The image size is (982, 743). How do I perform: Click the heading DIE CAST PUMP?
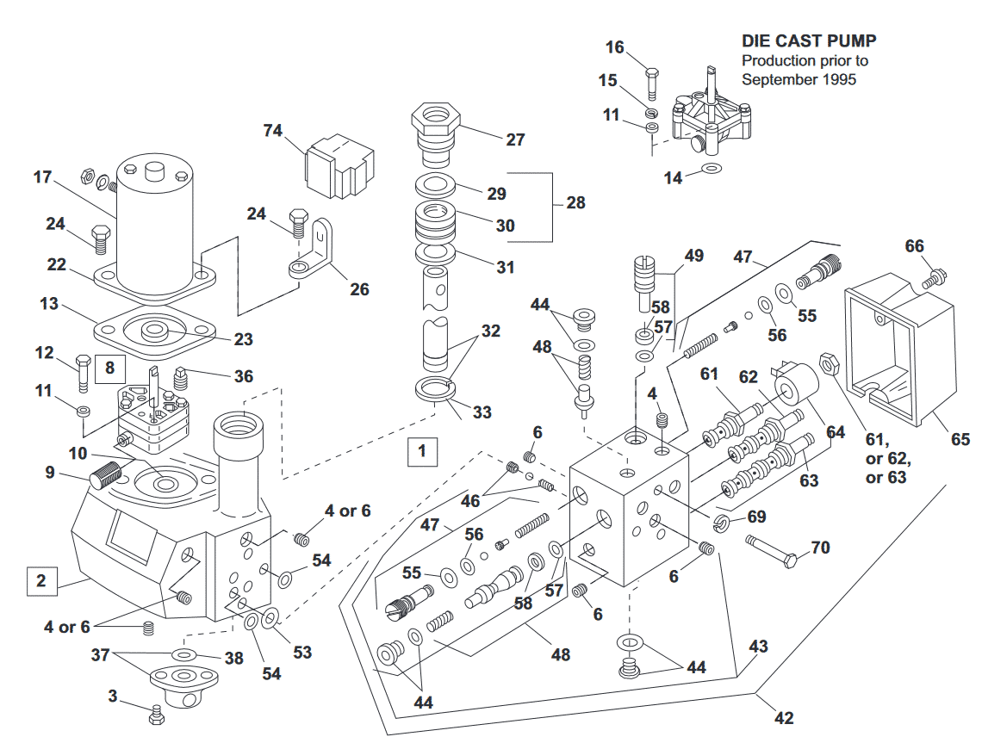(x=809, y=41)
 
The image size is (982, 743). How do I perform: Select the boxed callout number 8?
(x=109, y=368)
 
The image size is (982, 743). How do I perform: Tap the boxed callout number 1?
(x=421, y=449)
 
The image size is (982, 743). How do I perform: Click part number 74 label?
(x=273, y=131)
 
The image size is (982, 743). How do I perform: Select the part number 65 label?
(x=960, y=440)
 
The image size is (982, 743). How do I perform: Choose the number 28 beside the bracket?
(x=575, y=203)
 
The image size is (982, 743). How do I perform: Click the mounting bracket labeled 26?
(x=314, y=251)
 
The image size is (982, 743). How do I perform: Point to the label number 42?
(x=783, y=717)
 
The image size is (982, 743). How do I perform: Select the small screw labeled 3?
(x=156, y=711)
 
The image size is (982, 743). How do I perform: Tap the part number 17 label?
(x=43, y=177)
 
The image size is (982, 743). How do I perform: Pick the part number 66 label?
(x=914, y=247)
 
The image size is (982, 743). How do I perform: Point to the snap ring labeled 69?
(x=723, y=523)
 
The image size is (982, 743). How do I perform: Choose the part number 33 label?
(x=482, y=412)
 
